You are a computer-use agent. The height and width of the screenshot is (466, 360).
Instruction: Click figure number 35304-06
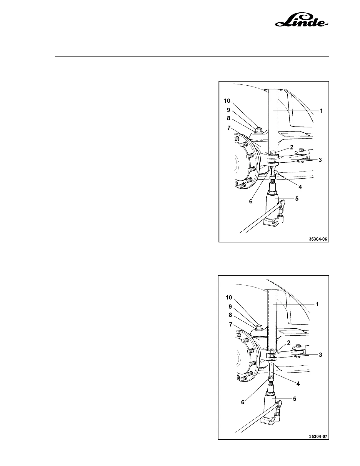pos(318,239)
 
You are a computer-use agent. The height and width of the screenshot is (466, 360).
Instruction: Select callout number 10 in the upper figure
pos(227,101)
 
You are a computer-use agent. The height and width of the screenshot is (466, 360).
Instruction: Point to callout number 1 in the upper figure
pos(321,111)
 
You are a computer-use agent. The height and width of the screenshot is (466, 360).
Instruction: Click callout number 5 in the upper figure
pos(297,199)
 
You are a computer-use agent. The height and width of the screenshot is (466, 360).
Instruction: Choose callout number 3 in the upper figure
pos(320,160)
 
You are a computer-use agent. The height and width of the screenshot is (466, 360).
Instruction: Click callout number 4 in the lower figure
pos(298,384)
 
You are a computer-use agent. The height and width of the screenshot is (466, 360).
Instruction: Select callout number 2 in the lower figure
pos(289,342)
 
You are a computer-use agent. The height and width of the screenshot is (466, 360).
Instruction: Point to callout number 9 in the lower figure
pos(230,306)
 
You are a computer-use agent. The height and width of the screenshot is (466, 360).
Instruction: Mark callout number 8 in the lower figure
pos(230,315)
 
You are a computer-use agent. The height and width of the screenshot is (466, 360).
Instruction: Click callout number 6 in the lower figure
pos(243,402)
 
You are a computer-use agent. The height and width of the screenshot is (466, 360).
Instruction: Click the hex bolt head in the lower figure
pos(259,327)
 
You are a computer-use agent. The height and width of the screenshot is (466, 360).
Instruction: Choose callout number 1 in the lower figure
pos(317,304)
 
